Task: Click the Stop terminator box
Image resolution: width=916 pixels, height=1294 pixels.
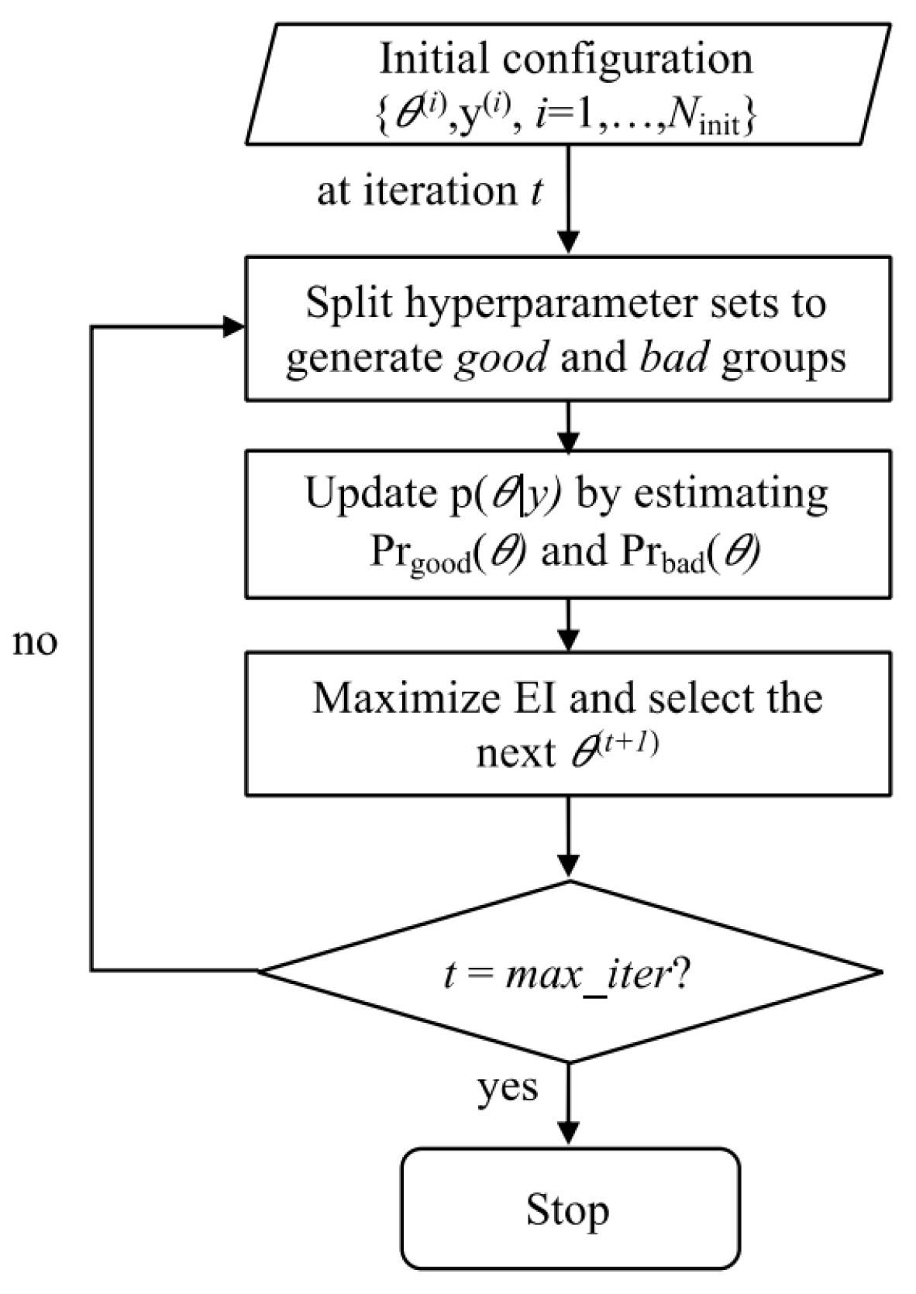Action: pyautogui.click(x=570, y=1208)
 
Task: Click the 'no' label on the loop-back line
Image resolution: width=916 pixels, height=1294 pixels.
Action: pyautogui.click(x=35, y=642)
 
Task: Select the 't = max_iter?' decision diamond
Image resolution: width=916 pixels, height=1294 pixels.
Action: pyautogui.click(x=570, y=972)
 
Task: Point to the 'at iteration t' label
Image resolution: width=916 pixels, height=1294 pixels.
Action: pyautogui.click(x=430, y=191)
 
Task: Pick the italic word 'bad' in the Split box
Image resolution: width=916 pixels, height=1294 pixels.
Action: pyautogui.click(x=673, y=357)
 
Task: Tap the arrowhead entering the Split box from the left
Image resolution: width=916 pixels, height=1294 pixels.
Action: pyautogui.click(x=235, y=326)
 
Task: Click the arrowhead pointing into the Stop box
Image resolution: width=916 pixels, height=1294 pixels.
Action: pyautogui.click(x=569, y=1134)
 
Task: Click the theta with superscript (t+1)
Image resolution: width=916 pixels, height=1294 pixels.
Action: pyautogui.click(x=612, y=750)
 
